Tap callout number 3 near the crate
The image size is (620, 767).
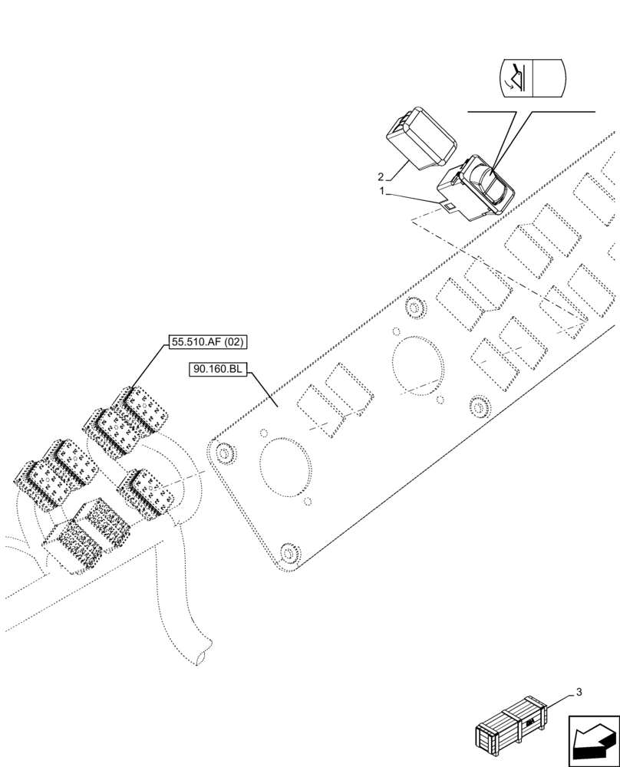pos(579,692)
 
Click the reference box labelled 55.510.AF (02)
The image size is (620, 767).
pos(208,342)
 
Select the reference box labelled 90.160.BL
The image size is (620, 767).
pos(217,370)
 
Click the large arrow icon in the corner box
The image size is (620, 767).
pos(593,741)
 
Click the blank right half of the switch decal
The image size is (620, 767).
pos(549,78)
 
